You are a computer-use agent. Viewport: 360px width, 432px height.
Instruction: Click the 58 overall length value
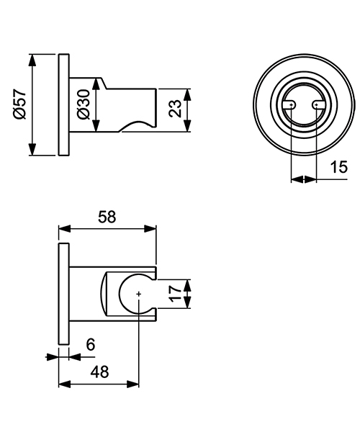pyautogui.click(x=107, y=217)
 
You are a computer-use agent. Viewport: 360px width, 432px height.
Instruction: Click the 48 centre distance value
pyautogui.click(x=99, y=372)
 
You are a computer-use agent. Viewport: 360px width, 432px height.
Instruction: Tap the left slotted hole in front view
pyautogui.click(x=290, y=105)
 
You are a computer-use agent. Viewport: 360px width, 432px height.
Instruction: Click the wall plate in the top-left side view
pyautogui.click(x=63, y=104)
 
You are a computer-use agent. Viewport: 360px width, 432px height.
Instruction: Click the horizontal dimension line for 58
pyautogui.click(x=107, y=229)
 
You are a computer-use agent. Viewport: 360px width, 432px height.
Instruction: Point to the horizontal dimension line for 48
pyautogui.click(x=99, y=384)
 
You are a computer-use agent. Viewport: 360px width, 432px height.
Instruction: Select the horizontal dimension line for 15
pyautogui.click(x=302, y=180)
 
